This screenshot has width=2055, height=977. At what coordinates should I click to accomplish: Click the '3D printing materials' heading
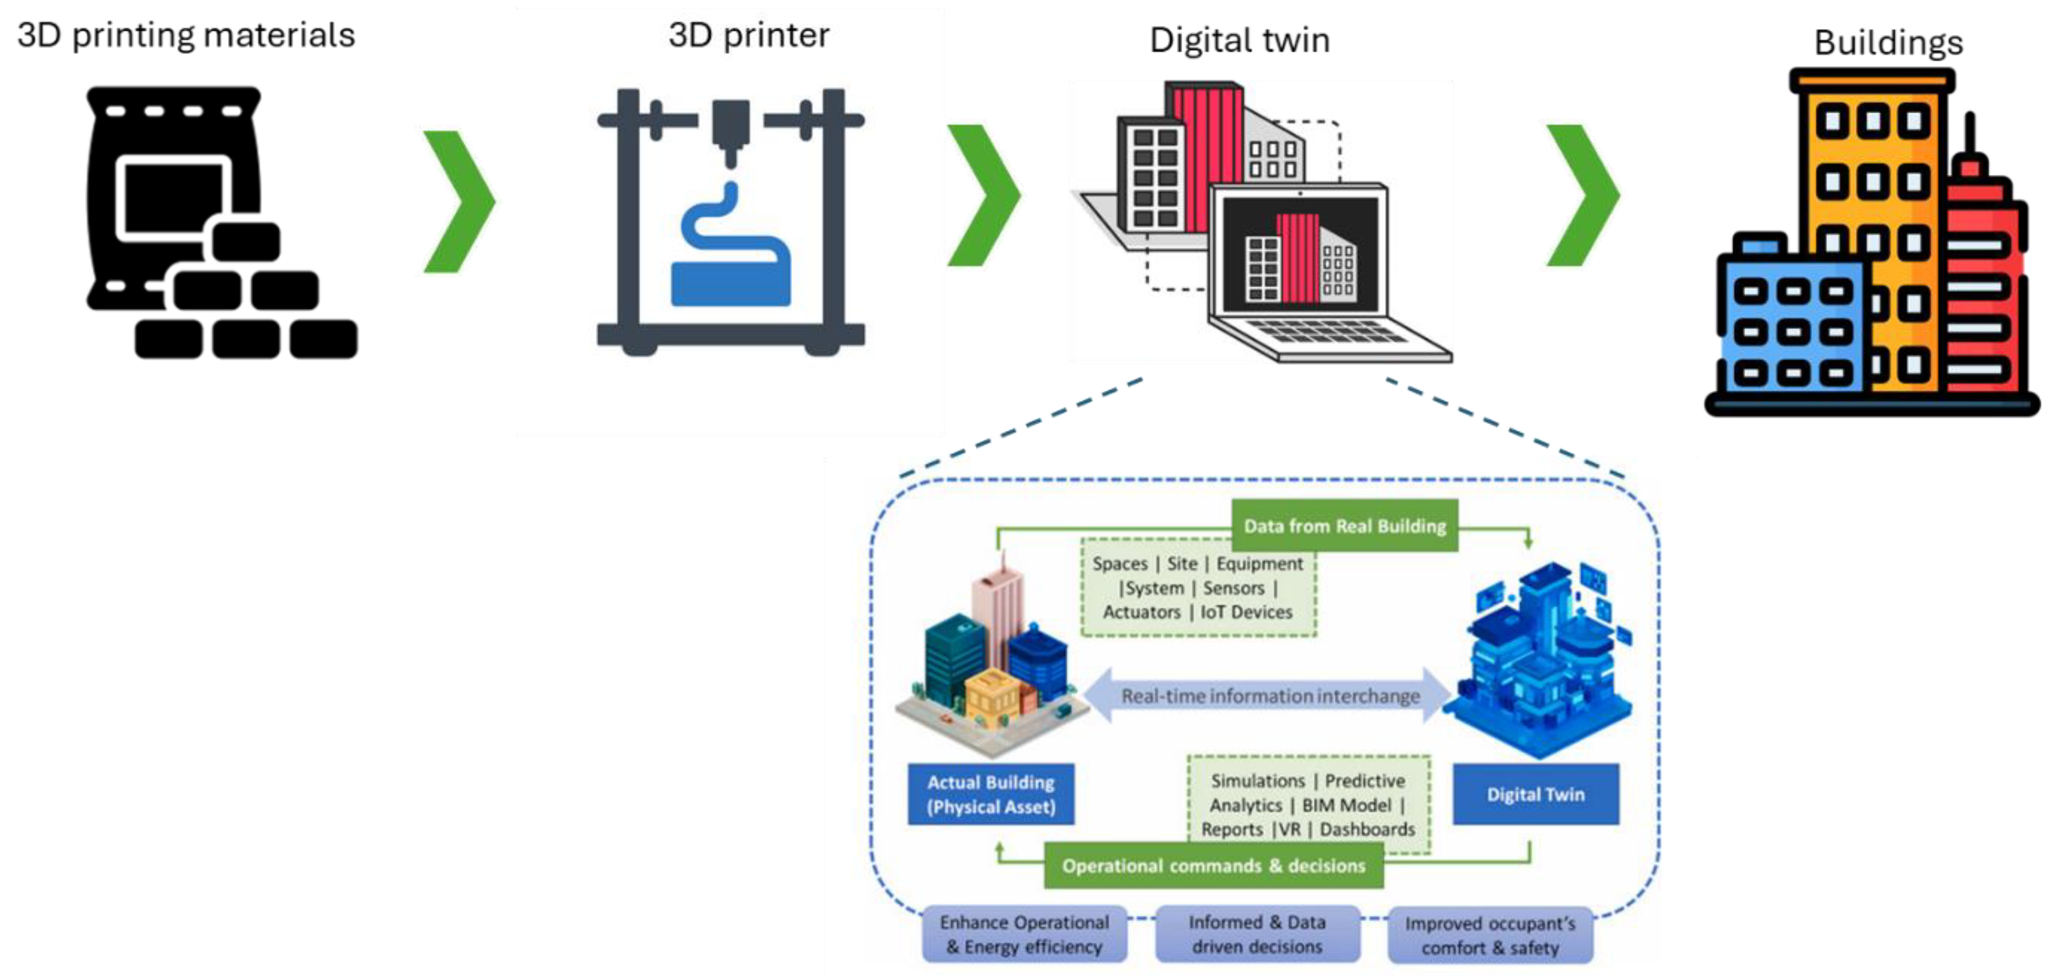click(186, 35)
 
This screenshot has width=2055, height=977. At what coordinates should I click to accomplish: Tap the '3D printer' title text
click(749, 35)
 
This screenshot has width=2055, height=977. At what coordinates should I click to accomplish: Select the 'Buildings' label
click(1887, 42)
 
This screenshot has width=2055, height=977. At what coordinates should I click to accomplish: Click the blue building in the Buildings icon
click(1791, 327)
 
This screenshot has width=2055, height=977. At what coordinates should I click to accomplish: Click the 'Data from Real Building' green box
click(1344, 525)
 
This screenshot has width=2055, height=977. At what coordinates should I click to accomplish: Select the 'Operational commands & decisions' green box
click(1213, 865)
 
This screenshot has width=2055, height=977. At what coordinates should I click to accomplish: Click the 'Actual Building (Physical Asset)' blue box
click(990, 794)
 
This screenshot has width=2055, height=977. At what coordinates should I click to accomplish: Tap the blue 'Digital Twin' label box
click(1535, 794)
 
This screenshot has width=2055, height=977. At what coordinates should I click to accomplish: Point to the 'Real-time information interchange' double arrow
click(1268, 696)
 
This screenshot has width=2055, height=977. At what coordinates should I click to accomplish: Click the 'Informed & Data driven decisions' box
click(1257, 934)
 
